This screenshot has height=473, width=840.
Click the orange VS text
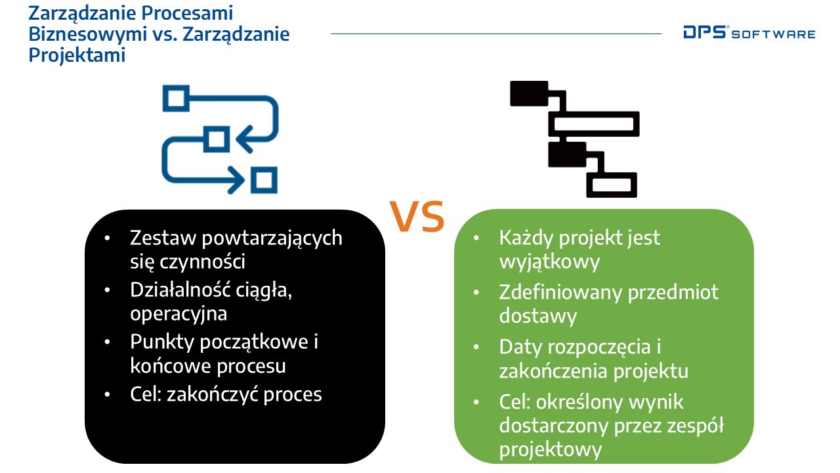(417, 216)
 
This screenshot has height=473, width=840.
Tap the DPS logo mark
(705, 32)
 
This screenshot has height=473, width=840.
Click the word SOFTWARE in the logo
(773, 35)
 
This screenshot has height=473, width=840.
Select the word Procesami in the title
(187, 12)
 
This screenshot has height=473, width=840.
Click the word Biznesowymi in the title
(87, 34)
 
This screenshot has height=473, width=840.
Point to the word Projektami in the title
(77, 55)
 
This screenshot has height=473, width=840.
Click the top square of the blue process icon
(176, 99)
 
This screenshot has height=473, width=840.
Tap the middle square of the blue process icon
(217, 139)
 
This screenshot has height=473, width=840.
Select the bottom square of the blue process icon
(264, 180)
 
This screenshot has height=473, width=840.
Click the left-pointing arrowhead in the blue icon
(244, 139)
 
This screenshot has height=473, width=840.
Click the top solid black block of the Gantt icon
(529, 93)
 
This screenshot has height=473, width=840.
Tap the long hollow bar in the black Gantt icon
(594, 124)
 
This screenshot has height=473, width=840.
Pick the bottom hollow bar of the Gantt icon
(612, 185)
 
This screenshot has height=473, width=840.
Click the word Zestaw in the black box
(163, 238)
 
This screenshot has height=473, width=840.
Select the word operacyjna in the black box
(178, 314)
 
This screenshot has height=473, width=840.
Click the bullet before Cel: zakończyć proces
(107, 394)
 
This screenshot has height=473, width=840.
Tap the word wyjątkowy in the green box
(549, 262)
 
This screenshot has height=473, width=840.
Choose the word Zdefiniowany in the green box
(560, 292)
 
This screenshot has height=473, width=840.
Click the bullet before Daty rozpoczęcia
(476, 347)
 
